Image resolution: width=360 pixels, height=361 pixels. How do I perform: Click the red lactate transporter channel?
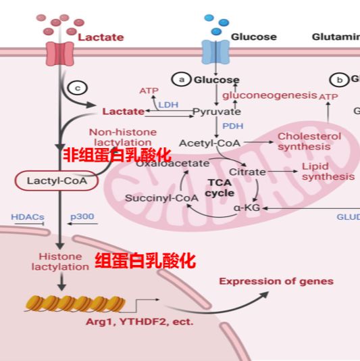pos(59,53)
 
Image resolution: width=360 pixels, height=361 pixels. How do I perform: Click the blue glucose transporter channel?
pos(215,52)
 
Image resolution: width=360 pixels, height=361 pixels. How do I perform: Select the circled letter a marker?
pos(181,80)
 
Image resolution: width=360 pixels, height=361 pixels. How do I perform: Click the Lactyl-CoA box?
pos(52,180)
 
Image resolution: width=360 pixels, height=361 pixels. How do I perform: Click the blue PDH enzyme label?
pos(232,126)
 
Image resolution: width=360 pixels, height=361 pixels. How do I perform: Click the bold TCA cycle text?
pos(220,187)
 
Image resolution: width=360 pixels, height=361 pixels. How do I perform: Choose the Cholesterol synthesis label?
pos(309,141)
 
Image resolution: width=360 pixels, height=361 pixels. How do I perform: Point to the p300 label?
pos(82,217)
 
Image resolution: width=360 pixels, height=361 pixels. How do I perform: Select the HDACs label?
pos(27,217)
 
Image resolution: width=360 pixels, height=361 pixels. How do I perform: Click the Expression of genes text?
pos(276,281)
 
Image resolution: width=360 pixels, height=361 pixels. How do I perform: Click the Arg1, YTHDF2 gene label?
pos(139,322)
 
